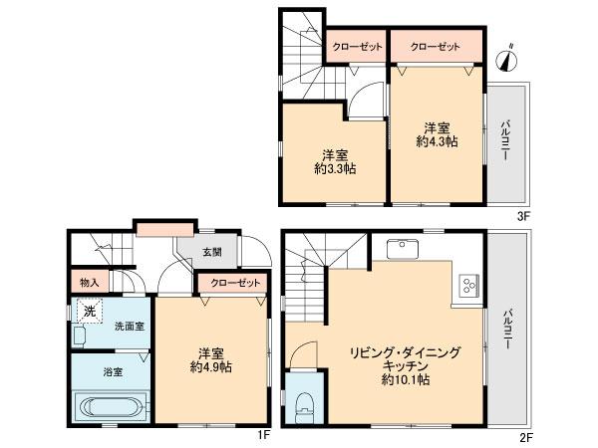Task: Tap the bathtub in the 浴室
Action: point(111,407)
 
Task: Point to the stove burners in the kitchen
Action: point(467,287)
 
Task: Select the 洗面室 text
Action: point(127,326)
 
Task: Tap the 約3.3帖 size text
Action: point(335,168)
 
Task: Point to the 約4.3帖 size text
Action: point(437,141)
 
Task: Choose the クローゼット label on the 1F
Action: point(232,284)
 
